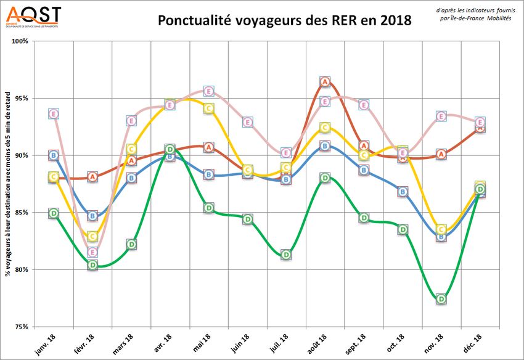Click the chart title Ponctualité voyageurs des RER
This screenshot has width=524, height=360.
(284, 20)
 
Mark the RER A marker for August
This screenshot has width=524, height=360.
(325, 82)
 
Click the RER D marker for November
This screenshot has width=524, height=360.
(441, 299)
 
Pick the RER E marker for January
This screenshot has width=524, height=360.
(54, 113)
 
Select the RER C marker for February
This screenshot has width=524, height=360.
(92, 237)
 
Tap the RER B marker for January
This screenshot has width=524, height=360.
(54, 155)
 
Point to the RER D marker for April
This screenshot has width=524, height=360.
(170, 149)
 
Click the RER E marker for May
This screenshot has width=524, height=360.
(209, 91)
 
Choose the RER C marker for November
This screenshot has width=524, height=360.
(441, 229)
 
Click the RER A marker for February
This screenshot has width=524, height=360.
(92, 177)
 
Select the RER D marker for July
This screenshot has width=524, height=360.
(287, 255)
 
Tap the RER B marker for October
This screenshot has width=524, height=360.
(403, 192)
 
